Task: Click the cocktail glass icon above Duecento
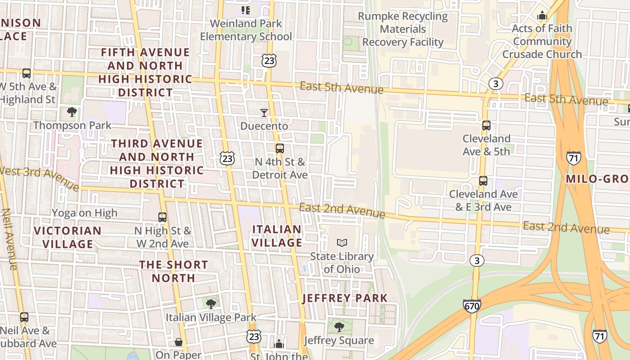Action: coord(264,112)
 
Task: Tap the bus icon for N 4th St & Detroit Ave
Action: coord(280,148)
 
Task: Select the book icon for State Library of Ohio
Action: coord(342,243)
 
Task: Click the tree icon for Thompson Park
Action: coord(72,112)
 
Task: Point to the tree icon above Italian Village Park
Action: coord(211,304)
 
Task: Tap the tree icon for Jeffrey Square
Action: coord(339,327)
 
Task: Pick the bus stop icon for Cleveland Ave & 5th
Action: coord(486,126)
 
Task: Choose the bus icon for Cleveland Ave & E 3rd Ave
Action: coord(483,181)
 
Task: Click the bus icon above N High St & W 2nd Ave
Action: coord(162,217)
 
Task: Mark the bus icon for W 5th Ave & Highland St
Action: coord(27,73)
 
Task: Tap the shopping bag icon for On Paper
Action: coord(179,342)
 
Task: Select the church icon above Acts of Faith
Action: coord(542,15)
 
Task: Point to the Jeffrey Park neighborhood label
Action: coord(345,298)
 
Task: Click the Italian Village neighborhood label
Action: coord(277,236)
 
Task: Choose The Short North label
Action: coord(174,271)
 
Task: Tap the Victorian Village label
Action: coord(68,237)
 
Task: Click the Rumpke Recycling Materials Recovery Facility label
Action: coord(403,29)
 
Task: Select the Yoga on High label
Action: coord(85,213)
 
